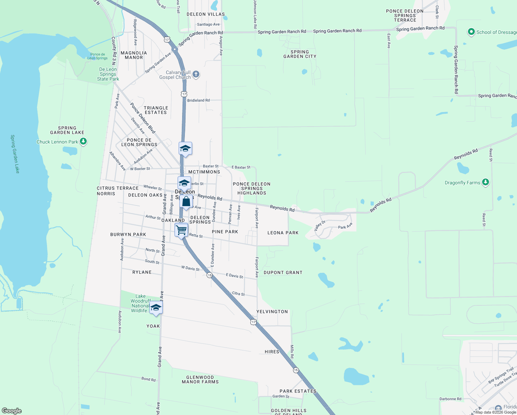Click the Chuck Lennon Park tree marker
click(83, 141)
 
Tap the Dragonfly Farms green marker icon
click(485, 182)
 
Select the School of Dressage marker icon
click(471, 32)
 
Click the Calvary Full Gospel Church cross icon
click(196, 74)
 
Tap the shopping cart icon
click(181, 230)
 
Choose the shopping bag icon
click(186, 201)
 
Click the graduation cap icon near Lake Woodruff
click(156, 307)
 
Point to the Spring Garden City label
click(300, 54)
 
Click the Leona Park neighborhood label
click(283, 233)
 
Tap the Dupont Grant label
click(283, 273)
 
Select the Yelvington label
click(272, 312)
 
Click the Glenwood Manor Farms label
click(200, 379)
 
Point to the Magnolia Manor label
click(134, 55)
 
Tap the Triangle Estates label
click(156, 110)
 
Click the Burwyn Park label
click(128, 234)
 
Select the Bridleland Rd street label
click(198, 100)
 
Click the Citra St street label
click(238, 294)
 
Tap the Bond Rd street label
click(148, 379)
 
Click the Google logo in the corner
click(12, 411)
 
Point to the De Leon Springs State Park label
click(108, 74)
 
